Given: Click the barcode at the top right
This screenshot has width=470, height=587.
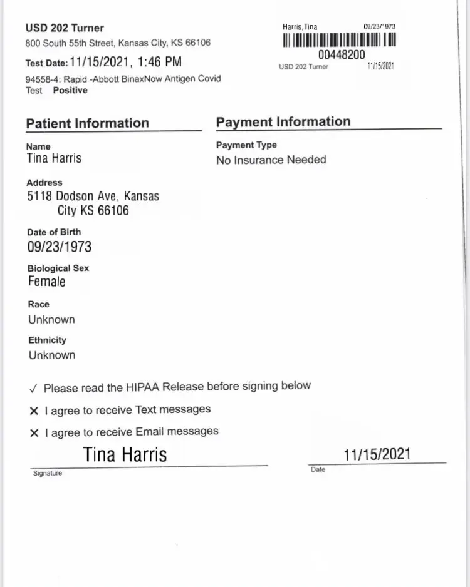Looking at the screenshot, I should pyautogui.click(x=340, y=40).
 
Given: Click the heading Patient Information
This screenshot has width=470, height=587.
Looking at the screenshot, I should pyautogui.click(x=88, y=123).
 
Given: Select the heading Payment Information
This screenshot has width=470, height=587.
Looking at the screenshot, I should pyautogui.click(x=283, y=121).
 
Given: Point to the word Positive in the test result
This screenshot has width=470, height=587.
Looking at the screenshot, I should pyautogui.click(x=70, y=90).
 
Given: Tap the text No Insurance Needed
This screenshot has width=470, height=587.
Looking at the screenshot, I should pyautogui.click(x=271, y=160).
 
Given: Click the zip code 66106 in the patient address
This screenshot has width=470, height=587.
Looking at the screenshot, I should pyautogui.click(x=113, y=210).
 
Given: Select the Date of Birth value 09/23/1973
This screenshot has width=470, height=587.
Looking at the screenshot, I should pyautogui.click(x=60, y=247).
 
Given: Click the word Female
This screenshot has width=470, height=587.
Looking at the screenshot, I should pyautogui.click(x=47, y=282).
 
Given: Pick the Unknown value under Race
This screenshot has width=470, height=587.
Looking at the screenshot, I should pyautogui.click(x=51, y=319).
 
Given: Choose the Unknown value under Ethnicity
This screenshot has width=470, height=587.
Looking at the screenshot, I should pyautogui.click(x=51, y=355).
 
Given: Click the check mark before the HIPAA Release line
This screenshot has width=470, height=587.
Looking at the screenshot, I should pyautogui.click(x=33, y=389).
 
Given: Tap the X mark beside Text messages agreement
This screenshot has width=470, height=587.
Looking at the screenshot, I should pyautogui.click(x=34, y=411).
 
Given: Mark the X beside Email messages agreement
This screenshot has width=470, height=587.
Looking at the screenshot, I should pyautogui.click(x=34, y=432).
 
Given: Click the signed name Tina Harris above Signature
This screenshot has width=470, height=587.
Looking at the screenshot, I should pyautogui.click(x=125, y=454).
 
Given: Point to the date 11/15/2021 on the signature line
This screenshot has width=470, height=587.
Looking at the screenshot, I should pyautogui.click(x=377, y=454).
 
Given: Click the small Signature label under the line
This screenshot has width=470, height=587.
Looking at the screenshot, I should pyautogui.click(x=48, y=473).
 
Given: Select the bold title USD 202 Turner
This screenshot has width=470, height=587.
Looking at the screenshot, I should pyautogui.click(x=65, y=28).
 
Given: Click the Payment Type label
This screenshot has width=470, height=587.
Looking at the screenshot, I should pyautogui.click(x=246, y=145).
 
